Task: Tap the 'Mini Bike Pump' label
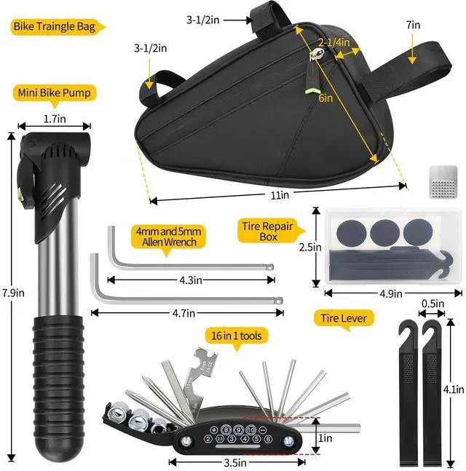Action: point(55,93)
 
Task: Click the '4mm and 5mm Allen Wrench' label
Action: point(167,237)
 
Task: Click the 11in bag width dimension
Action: point(280,195)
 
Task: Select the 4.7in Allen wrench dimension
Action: point(185,313)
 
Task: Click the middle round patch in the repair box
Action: point(384,232)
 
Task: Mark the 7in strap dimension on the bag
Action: point(414,24)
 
